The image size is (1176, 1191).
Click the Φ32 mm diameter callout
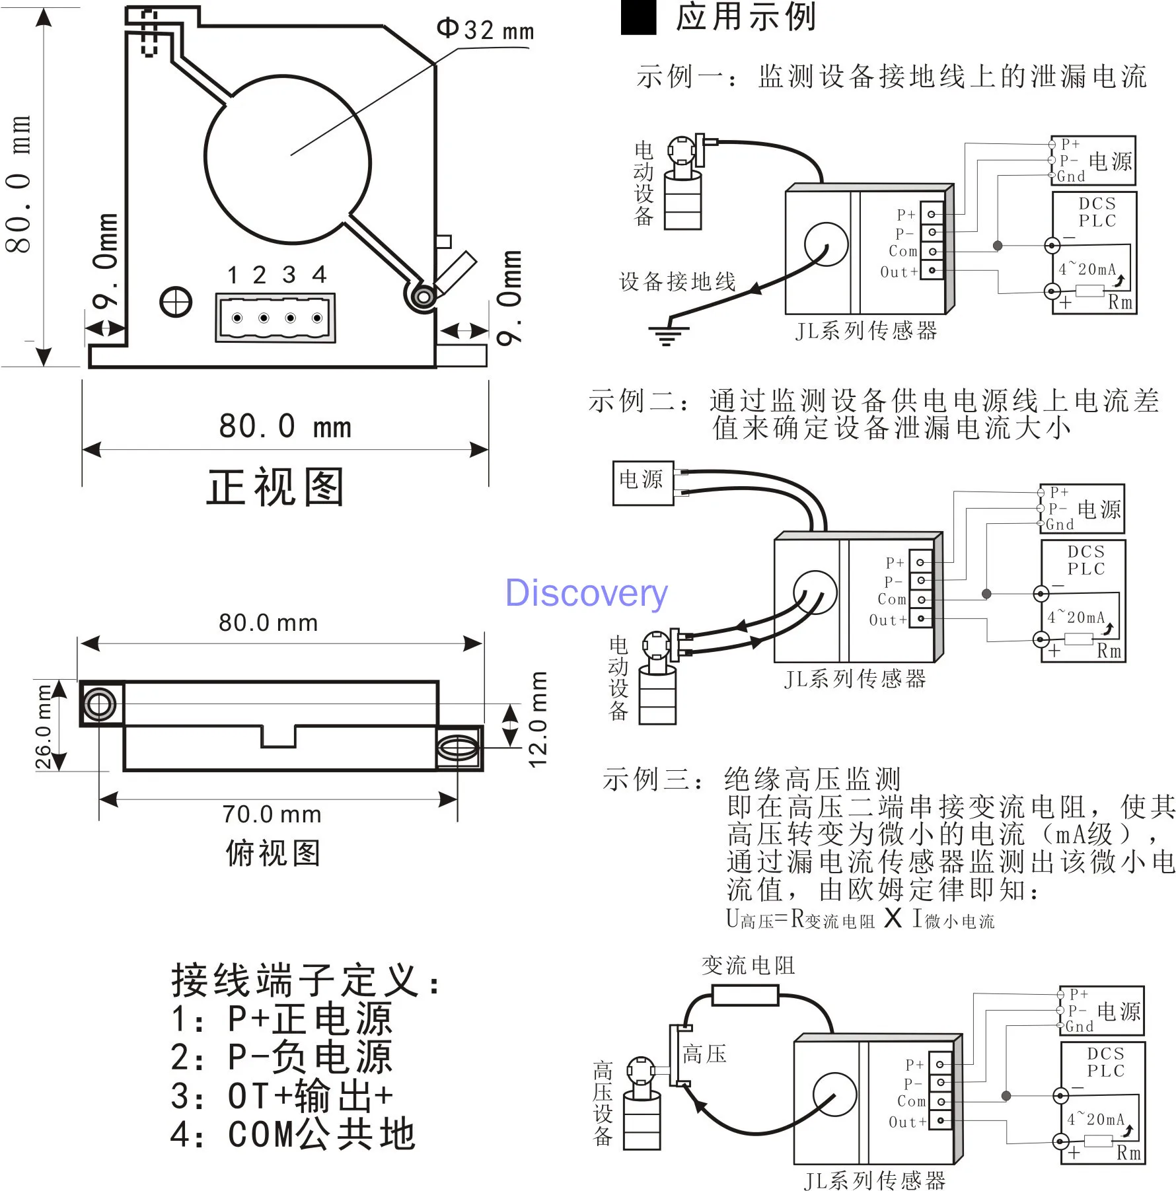[485, 30]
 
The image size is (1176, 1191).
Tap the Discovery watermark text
[586, 593]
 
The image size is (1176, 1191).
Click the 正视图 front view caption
[276, 487]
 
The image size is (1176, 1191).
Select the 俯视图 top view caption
[273, 853]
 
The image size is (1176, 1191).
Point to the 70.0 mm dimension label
[272, 814]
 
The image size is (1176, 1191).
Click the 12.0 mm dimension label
[538, 719]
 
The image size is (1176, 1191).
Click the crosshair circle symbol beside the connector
[176, 303]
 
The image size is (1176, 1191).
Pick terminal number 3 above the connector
[289, 274]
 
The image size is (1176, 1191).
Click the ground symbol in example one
[667, 335]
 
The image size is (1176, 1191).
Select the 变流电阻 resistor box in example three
[745, 995]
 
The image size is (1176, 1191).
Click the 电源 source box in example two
[643, 483]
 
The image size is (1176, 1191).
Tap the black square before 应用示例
[638, 17]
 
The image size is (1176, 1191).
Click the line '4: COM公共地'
[293, 1134]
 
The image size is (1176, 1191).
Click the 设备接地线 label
[677, 281]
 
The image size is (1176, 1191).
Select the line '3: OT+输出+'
[282, 1095]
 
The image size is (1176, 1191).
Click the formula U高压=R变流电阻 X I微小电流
[860, 918]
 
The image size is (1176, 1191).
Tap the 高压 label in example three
[704, 1053]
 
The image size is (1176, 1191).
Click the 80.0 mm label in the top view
[268, 622]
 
